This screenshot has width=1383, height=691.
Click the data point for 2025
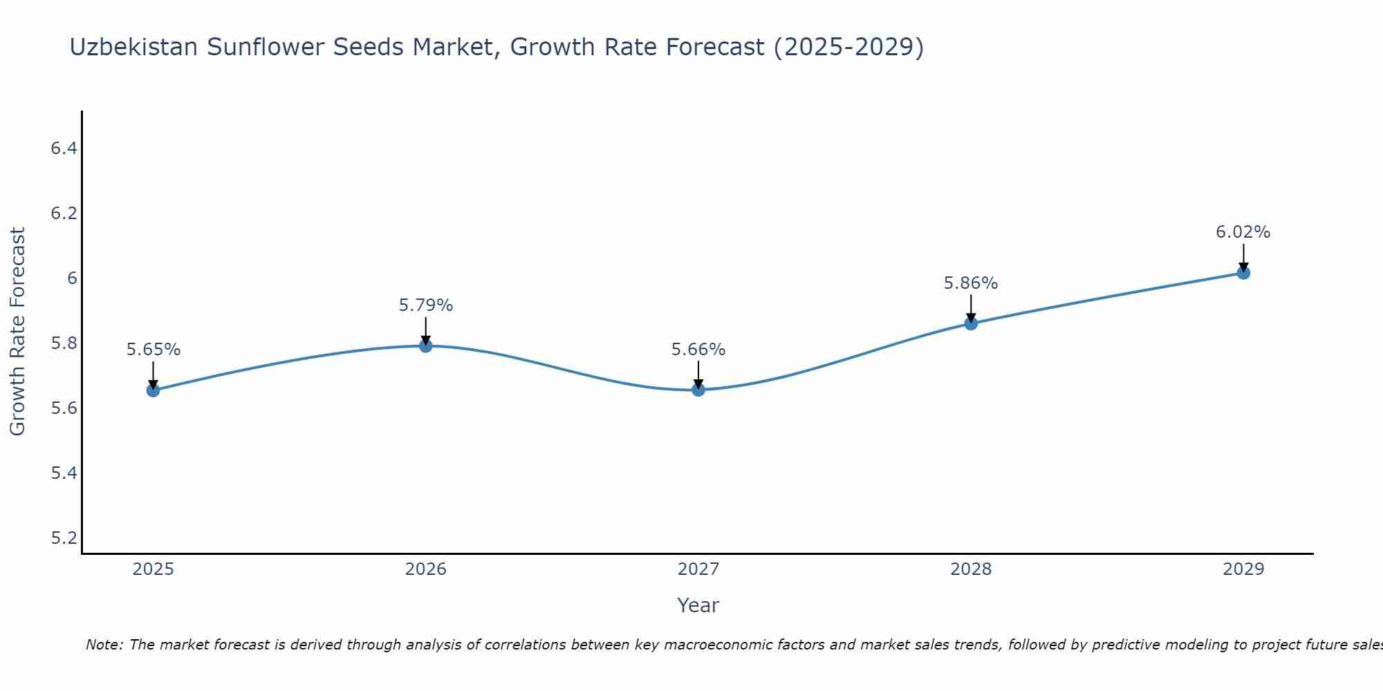(154, 390)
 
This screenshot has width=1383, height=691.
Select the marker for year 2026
(426, 345)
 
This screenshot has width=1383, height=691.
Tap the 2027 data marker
(698, 390)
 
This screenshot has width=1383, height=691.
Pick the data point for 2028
(971, 323)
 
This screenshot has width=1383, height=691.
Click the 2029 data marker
(1243, 273)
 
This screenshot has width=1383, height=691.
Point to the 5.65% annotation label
(154, 350)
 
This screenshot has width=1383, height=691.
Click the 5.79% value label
(426, 305)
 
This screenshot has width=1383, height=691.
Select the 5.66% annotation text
(698, 350)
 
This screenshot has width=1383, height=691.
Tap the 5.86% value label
(971, 283)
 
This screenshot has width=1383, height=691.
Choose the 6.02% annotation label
(1243, 232)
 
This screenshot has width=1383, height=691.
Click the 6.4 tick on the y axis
(64, 149)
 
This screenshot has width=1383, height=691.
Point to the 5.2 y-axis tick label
(64, 538)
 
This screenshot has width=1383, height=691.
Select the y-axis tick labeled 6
(72, 278)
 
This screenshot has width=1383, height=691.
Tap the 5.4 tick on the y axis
(64, 473)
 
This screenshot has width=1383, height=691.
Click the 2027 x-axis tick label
(698, 569)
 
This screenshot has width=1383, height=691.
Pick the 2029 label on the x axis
(1243, 569)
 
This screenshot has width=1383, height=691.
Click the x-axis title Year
(698, 605)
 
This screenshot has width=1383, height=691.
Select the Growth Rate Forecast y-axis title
(17, 332)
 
